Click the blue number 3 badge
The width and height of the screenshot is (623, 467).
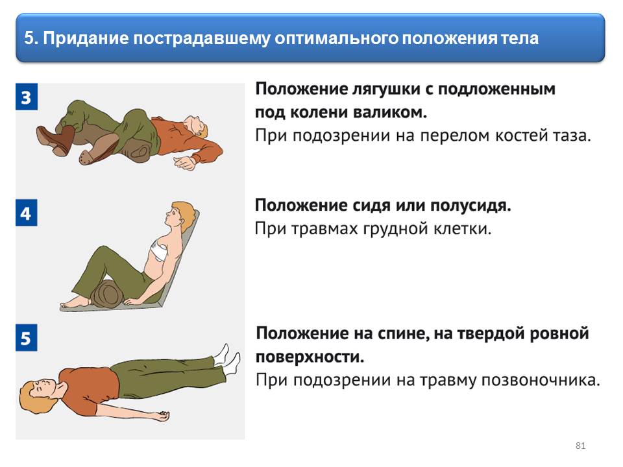point(27,97)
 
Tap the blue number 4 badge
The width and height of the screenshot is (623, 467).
point(27,213)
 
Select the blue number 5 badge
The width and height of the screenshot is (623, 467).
point(27,337)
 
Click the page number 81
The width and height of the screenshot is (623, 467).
point(580,446)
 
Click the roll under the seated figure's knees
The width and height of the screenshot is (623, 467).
point(107,293)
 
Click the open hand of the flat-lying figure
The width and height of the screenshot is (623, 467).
point(161,416)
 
